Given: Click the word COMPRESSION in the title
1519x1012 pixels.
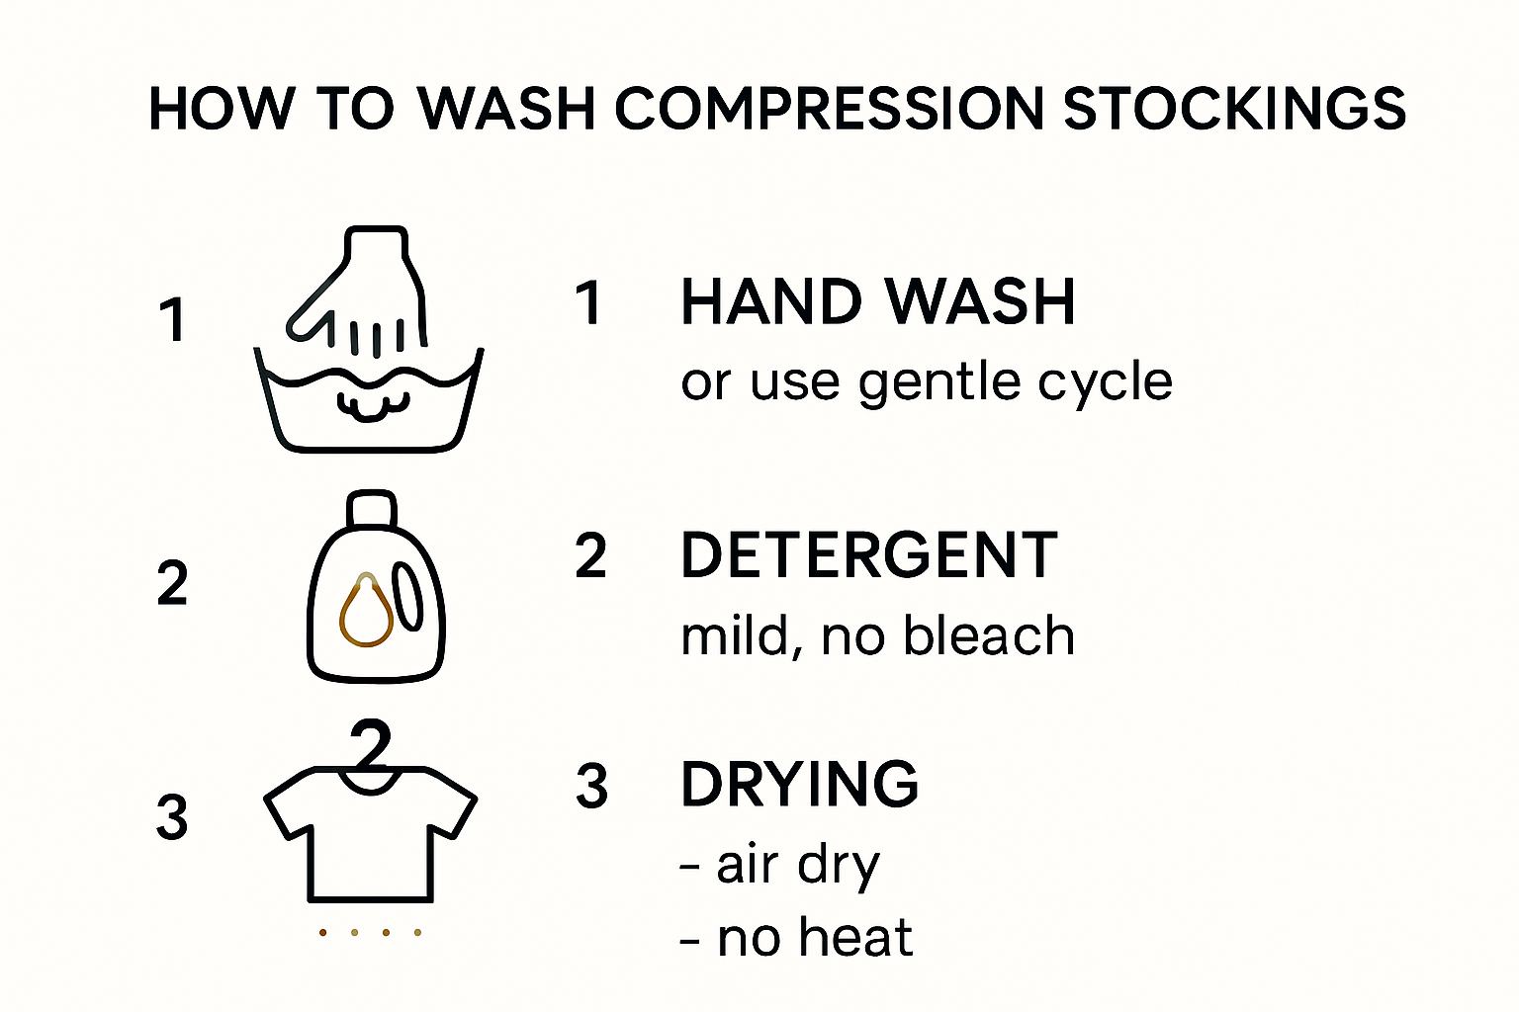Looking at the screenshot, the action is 830,109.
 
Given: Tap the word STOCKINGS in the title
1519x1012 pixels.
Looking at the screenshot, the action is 1235,109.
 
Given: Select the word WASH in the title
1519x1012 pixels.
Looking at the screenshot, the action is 506,109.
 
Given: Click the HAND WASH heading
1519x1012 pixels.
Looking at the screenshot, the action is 877,302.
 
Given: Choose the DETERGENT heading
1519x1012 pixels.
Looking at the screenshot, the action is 868,555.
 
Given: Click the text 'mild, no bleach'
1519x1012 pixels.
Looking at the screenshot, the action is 877,635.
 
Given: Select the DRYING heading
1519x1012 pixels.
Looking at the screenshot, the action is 799,785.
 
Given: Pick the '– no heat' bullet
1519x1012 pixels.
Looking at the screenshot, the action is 796,938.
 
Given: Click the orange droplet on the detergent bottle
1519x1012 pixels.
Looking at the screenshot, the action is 366,610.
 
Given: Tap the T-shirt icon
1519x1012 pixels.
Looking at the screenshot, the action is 370,835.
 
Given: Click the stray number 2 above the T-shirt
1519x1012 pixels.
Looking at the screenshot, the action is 371,743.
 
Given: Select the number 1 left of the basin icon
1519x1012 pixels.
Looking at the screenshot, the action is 173,319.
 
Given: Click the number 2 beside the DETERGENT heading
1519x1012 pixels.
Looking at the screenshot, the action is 590,556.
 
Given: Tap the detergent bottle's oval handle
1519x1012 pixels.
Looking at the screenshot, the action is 408,596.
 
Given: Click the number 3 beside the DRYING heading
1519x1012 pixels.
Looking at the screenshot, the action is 592,786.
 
